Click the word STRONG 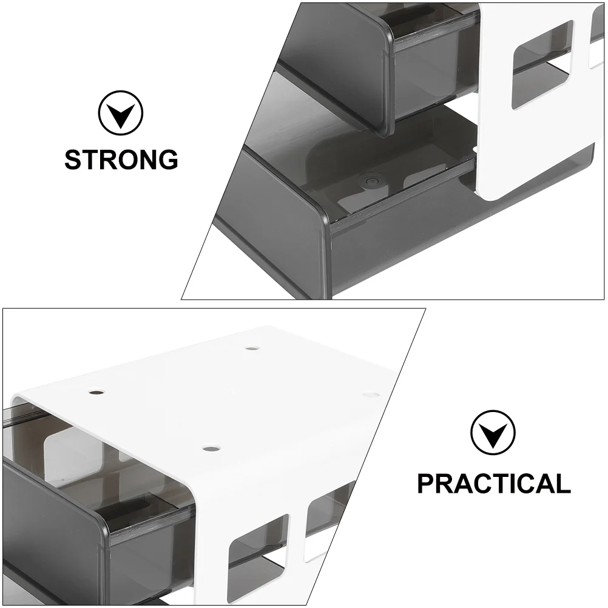point(121,160)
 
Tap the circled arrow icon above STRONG point(121,113)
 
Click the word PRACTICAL point(493,483)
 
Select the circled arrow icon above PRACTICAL point(493,433)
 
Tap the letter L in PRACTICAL point(562,483)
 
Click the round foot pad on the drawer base point(369,181)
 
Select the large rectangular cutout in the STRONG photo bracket point(543,65)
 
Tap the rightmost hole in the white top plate point(371,395)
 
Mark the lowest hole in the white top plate point(211,450)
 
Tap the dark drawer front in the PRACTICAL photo point(54,531)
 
